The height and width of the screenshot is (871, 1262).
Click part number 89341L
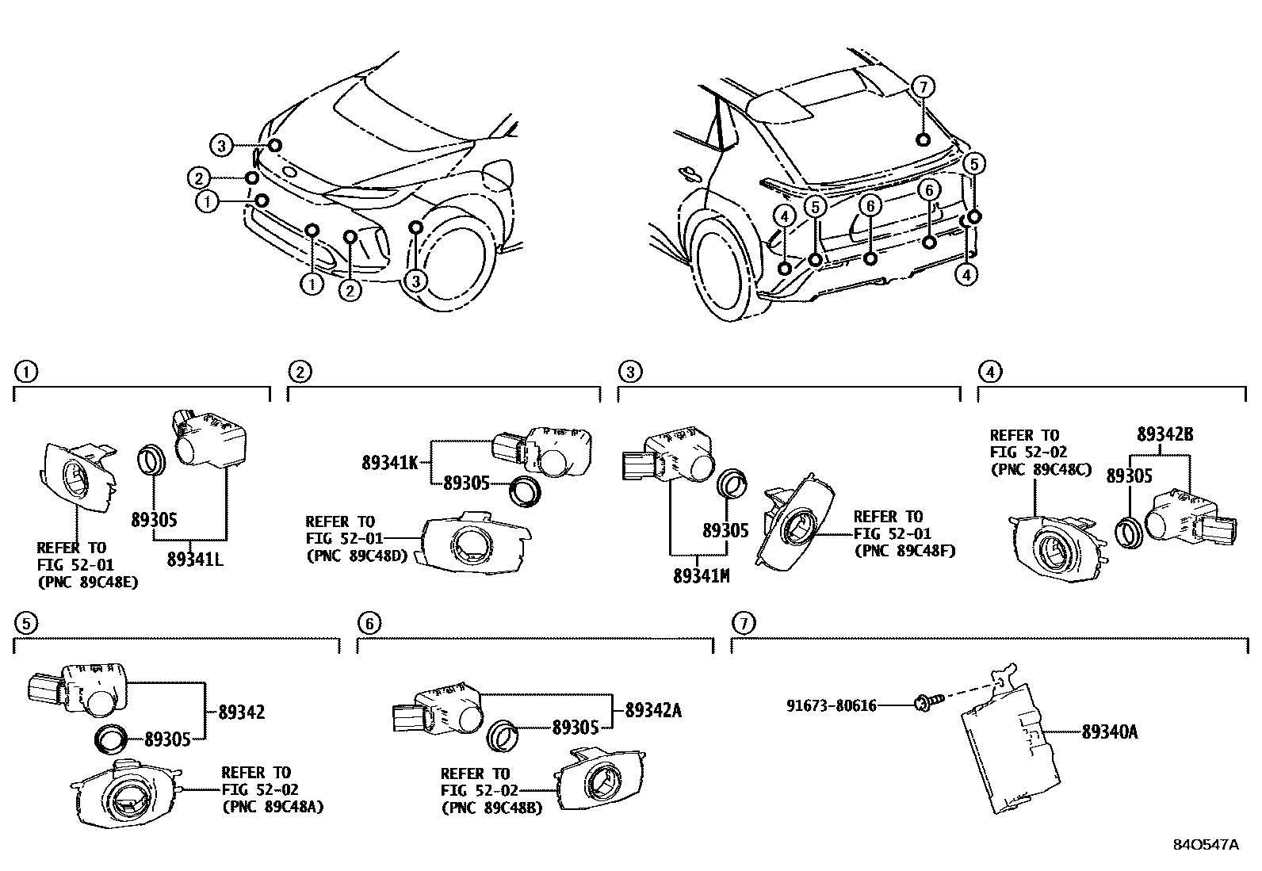[195, 559]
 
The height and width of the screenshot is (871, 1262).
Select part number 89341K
[389, 462]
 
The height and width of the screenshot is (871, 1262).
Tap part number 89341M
[701, 576]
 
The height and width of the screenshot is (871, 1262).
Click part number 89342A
[653, 711]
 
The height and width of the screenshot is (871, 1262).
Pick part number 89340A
[1110, 732]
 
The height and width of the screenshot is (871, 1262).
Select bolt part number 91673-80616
[832, 705]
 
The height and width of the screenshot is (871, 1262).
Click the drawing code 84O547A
[1205, 845]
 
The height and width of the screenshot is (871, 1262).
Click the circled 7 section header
[742, 624]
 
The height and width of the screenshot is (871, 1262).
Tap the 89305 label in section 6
[575, 727]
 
